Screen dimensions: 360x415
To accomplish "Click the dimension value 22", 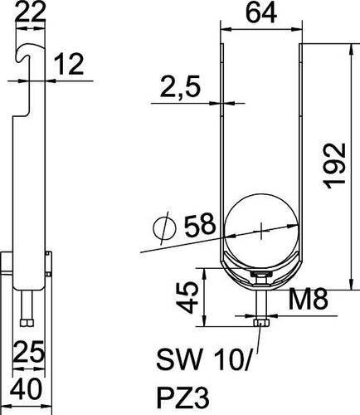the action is pyautogui.click(x=30, y=11).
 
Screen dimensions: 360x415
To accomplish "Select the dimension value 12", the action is pyautogui.click(x=69, y=64).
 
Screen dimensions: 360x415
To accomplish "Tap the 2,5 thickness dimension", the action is pyautogui.click(x=180, y=86).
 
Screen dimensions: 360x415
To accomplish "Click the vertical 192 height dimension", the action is pyautogui.click(x=335, y=166).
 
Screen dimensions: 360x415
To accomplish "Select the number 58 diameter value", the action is pyautogui.click(x=200, y=224).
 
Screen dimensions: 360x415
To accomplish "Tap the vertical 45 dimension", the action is pyautogui.click(x=187, y=297).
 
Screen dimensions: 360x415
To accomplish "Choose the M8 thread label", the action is pyautogui.click(x=309, y=299).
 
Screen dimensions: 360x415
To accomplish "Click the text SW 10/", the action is pyautogui.click(x=204, y=359).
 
